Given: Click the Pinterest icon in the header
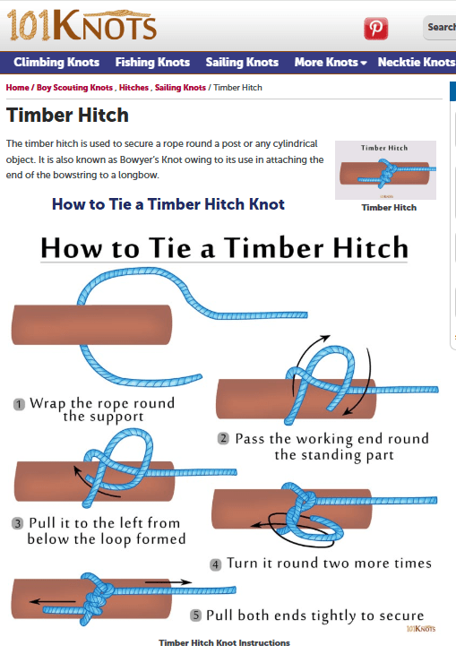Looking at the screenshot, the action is coord(376,29).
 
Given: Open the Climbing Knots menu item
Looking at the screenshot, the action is coord(56,62).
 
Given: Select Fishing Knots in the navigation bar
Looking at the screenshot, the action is coord(152,62).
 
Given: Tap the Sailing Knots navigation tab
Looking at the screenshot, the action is coord(242,62).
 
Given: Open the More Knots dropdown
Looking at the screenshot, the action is coord(331,62).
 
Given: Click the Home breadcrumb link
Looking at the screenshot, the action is coord(17,88).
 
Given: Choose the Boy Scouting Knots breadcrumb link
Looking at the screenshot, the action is coord(74,88).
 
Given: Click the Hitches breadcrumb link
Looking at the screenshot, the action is coord(133,88).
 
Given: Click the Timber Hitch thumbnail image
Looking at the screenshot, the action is coord(385,170).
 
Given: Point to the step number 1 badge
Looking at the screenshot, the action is coord(19,404).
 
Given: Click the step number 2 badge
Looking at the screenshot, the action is coord(223,438).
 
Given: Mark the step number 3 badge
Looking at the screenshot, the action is coord(17,523).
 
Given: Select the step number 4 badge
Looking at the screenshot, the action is coord(215,564).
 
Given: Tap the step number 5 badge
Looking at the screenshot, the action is coord(195,615).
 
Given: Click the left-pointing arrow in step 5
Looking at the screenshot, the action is coord(53,601).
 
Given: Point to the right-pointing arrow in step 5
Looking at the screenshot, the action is coord(168,581).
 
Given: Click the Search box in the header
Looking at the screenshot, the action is coord(440,28).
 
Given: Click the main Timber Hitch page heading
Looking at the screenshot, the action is coord(67,115).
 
